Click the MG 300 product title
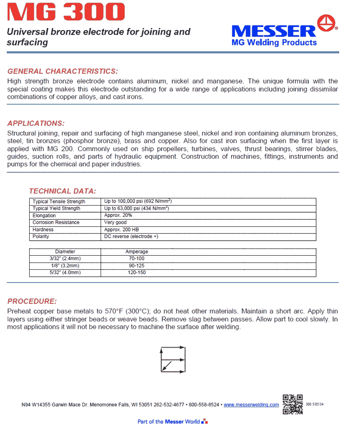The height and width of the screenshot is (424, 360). (x=66, y=12)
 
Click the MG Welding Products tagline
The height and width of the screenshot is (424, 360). (x=274, y=42)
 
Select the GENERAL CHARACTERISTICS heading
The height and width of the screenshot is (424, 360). (x=63, y=71)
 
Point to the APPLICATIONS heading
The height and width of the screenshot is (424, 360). (x=36, y=123)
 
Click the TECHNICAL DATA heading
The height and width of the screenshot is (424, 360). (x=62, y=191)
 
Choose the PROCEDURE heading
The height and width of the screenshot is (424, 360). (x=32, y=301)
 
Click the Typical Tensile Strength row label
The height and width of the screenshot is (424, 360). (x=59, y=202)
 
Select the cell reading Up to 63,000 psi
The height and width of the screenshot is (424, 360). (x=136, y=208)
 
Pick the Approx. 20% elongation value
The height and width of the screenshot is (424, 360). (x=118, y=216)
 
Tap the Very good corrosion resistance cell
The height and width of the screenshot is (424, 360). (x=116, y=223)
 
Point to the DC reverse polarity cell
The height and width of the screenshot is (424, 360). (x=131, y=236)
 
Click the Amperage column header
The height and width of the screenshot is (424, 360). (x=137, y=252)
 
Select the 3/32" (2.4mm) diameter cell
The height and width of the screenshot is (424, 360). (x=65, y=259)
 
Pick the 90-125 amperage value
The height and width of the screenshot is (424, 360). (x=137, y=266)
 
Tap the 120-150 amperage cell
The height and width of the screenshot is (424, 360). (x=137, y=273)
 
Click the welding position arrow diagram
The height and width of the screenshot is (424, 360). (x=173, y=359)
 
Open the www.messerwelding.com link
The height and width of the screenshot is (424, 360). (x=251, y=405)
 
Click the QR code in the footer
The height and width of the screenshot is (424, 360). (x=293, y=404)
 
